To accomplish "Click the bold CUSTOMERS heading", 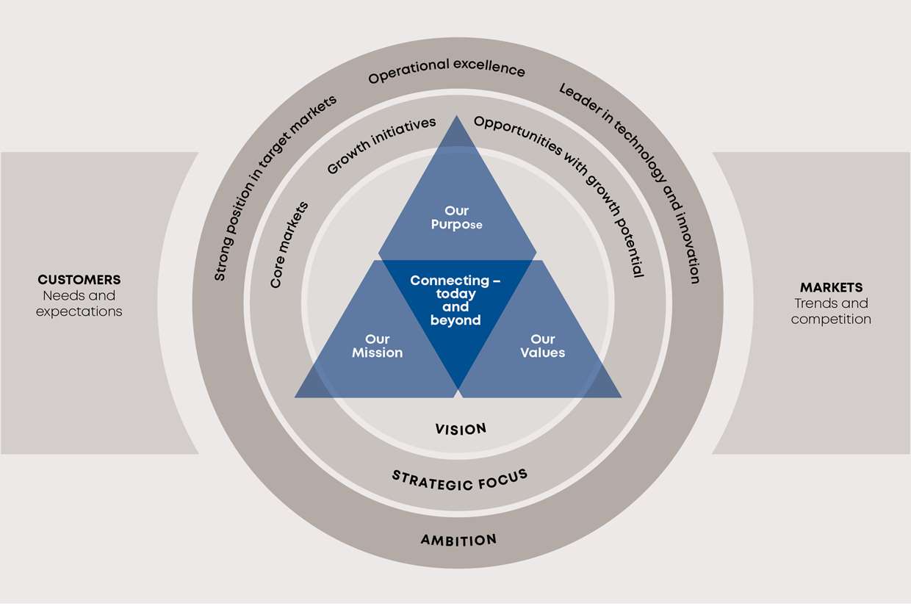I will (x=79, y=280).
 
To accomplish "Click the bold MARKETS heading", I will (x=831, y=287).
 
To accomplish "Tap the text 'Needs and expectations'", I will (x=79, y=303).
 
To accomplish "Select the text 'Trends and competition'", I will (x=831, y=311).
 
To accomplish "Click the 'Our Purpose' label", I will (x=456, y=218).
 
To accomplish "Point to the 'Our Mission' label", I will (x=377, y=346).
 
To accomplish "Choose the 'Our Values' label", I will (x=542, y=346).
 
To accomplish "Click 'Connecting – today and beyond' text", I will (x=455, y=300).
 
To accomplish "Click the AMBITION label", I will (x=458, y=541).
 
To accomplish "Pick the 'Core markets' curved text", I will (x=289, y=245).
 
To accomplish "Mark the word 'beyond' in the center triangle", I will (x=455, y=320).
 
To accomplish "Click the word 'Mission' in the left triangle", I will (x=377, y=353).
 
